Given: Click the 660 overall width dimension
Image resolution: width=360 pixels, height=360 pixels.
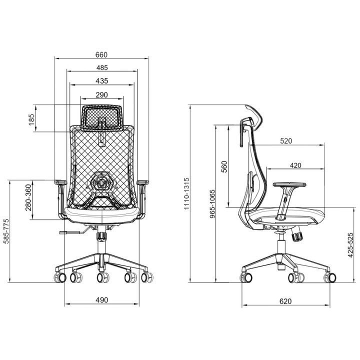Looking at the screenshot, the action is [101, 55].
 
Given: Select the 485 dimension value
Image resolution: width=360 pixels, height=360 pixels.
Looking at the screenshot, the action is [102, 67].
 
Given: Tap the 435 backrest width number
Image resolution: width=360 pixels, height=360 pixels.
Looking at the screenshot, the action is [101, 81].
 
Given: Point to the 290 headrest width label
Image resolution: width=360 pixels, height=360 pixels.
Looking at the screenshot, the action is [101, 95].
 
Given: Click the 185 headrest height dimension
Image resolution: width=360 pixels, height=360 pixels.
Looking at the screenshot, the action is [31, 119].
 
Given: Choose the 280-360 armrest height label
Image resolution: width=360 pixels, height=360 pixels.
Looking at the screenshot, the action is [28, 197].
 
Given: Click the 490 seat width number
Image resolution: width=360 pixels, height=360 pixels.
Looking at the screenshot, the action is [101, 300].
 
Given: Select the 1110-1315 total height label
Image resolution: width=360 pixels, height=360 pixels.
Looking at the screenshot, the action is [186, 193].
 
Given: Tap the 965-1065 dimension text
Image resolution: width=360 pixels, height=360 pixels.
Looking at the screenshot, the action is [213, 204].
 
